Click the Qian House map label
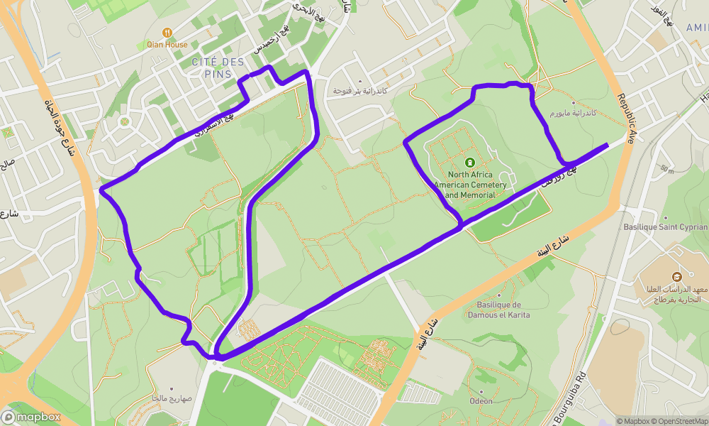pyautogui.click(x=167, y=45)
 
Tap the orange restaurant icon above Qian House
pyautogui.click(x=167, y=32)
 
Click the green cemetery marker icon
pyautogui.click(x=470, y=162)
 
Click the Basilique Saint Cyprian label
pyautogui.click(x=665, y=227)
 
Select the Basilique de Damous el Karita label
pyautogui.click(x=498, y=310)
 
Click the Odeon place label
pyautogui.click(x=481, y=401)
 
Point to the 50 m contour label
pyautogui.click(x=666, y=169)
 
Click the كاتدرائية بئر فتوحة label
pyautogui.click(x=362, y=92)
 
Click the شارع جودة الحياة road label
pyautogui.click(x=60, y=135)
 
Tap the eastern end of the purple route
pyautogui.click(x=606, y=145)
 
